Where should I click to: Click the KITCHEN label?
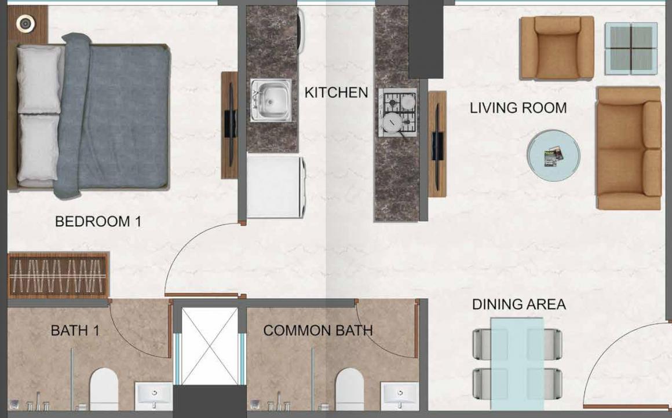(336, 93)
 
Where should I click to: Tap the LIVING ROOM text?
(518, 108)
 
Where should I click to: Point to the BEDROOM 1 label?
(98, 221)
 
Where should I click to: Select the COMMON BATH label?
(317, 331)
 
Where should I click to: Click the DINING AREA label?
(518, 305)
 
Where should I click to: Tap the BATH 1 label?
(75, 331)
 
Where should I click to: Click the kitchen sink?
(271, 100)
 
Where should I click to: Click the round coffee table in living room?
(553, 156)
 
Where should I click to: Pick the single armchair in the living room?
(557, 47)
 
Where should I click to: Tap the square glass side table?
(631, 49)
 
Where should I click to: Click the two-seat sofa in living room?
(629, 148)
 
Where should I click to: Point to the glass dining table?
(517, 362)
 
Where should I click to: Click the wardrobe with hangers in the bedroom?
(59, 275)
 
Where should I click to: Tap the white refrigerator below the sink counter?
(275, 186)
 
